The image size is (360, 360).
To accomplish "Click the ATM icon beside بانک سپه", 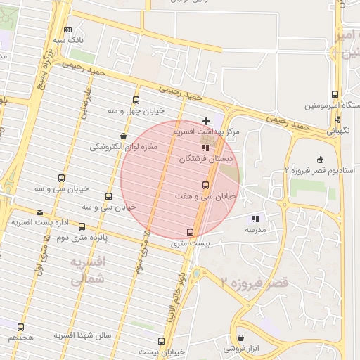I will [67, 30].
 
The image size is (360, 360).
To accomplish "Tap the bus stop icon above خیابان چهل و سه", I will [136, 101].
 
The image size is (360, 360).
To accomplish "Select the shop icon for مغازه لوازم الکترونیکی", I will [124, 136].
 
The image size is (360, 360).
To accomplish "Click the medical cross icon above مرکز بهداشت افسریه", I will [206, 121].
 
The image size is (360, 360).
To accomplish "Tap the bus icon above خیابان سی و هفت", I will [205, 185].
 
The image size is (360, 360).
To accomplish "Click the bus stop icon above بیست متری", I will [190, 232].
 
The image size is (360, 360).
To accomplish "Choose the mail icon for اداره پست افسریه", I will [39, 212].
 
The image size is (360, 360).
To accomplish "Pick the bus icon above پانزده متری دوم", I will [82, 227].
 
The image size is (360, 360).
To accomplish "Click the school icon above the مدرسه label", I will [255, 219].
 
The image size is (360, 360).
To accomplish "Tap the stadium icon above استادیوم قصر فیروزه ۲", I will [321, 160].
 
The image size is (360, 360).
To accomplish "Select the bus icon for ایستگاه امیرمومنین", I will [335, 94].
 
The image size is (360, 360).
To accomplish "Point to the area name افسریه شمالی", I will [87, 271].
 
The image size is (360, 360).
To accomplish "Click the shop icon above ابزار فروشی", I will [240, 338].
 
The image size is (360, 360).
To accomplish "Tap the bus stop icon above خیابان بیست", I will [162, 341].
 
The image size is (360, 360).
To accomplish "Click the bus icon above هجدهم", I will [20, 327].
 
